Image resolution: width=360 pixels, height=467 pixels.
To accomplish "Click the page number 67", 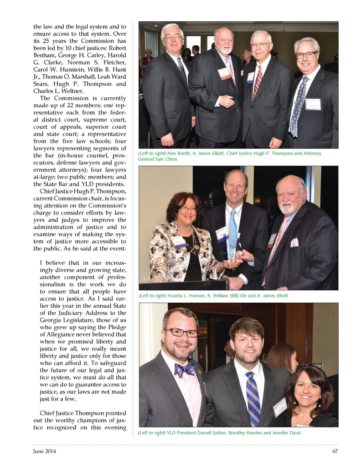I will (x=335, y=451).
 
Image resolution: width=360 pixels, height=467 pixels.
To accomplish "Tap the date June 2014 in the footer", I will (x=44, y=451).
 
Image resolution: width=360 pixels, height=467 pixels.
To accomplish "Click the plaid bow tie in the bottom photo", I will (x=184, y=370).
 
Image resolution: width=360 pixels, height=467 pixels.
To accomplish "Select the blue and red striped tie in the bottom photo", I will (x=253, y=398).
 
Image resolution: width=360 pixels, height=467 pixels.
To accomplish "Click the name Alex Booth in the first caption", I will (x=178, y=153).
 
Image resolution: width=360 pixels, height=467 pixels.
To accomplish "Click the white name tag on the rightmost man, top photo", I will (x=313, y=104).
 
